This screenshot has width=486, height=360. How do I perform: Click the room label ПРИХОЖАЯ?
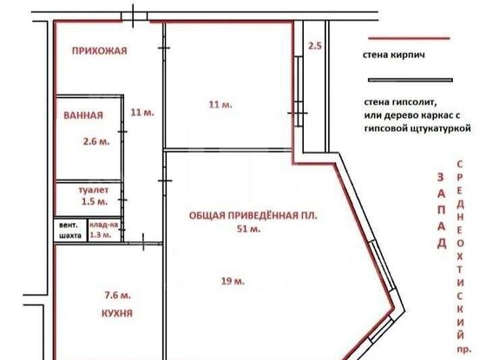coord(95,50)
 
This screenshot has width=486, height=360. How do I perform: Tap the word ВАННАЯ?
coord(83,115)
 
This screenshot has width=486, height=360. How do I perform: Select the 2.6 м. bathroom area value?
coord(96,141)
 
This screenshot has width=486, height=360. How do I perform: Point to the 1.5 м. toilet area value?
coord(95,202)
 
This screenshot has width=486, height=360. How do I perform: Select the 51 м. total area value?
coord(248,229)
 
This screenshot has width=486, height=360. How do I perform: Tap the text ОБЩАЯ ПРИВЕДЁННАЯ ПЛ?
coord(249,215)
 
